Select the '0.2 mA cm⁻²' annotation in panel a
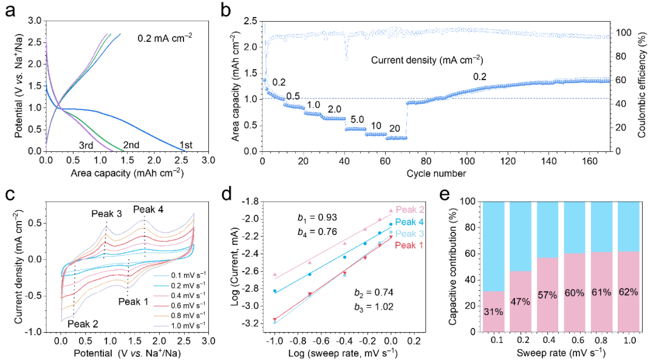tap(163, 36)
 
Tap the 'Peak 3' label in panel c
tap(107, 214)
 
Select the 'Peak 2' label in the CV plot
tap(83, 324)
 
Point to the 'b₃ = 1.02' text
tap(374, 307)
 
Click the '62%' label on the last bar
tap(628, 292)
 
